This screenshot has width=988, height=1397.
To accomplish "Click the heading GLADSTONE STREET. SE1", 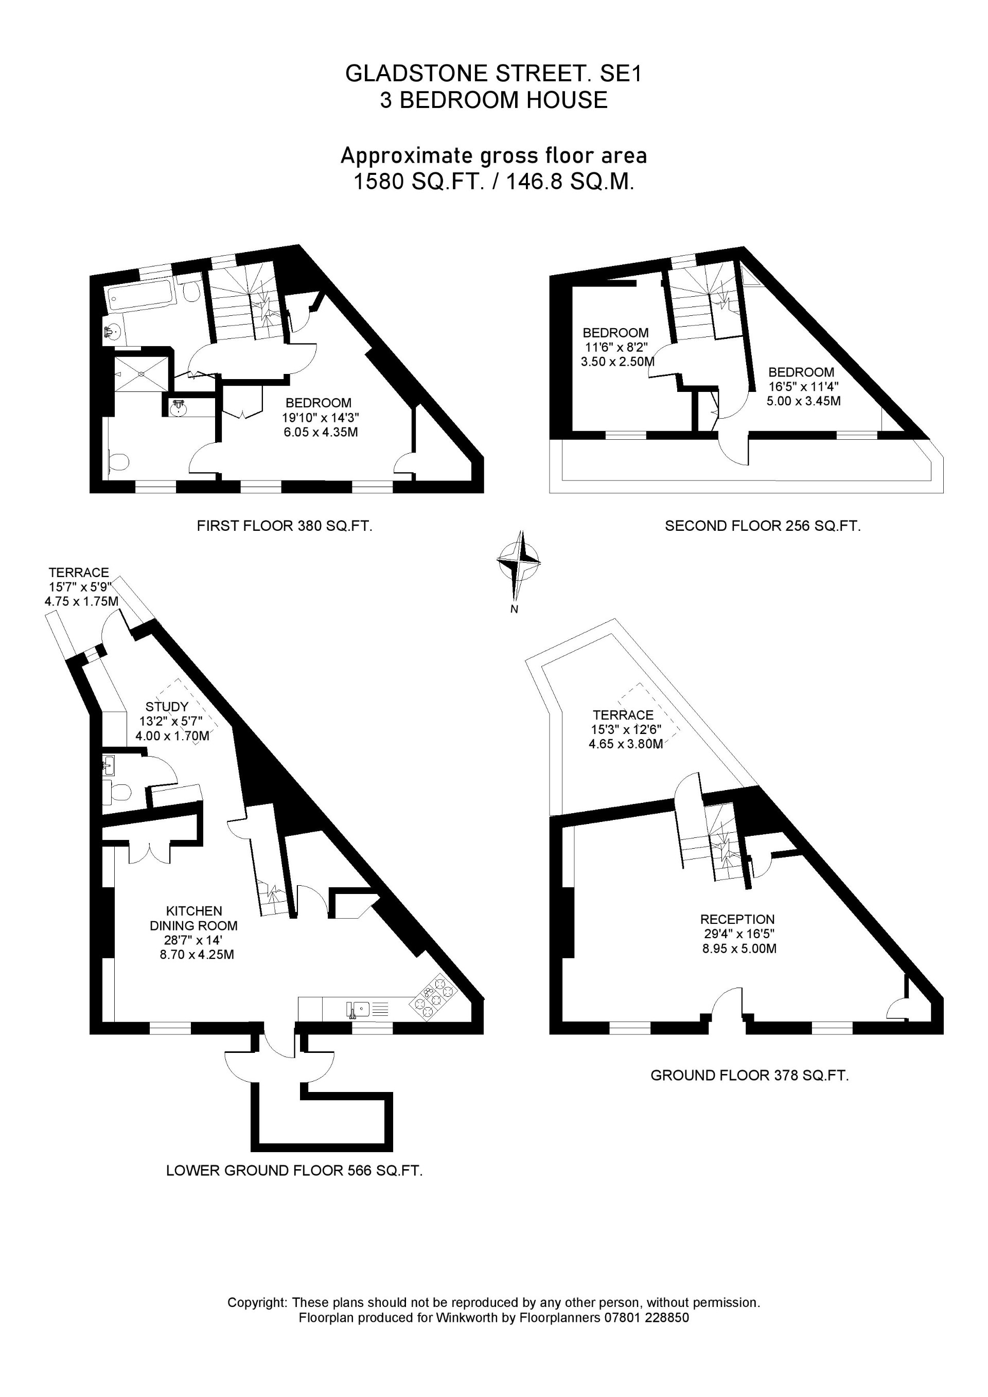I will click(x=493, y=74).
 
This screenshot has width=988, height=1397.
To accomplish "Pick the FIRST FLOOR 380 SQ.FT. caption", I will click(x=284, y=526).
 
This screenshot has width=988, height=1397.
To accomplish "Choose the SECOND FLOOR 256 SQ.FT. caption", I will click(x=763, y=526).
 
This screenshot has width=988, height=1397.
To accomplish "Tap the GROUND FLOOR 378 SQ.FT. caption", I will click(x=749, y=1075).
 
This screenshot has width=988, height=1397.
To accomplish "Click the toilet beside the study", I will click(x=120, y=793).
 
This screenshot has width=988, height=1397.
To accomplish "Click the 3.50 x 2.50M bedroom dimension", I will click(x=617, y=362).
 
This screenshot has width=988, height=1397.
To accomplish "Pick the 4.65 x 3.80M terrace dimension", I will click(x=625, y=744).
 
